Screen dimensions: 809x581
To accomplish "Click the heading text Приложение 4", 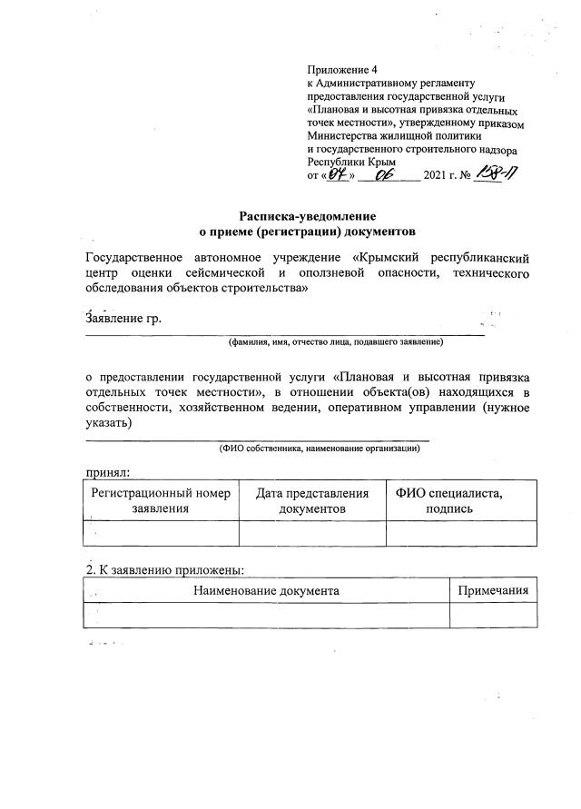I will pyautogui.click(x=343, y=69).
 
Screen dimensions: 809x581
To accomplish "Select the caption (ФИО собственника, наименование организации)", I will pyautogui.click(x=319, y=448).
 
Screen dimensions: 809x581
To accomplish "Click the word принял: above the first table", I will pyautogui.click(x=107, y=471).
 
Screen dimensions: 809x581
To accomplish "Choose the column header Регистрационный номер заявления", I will pyautogui.click(x=160, y=500).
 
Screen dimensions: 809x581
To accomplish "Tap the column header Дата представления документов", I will pyautogui.click(x=312, y=500).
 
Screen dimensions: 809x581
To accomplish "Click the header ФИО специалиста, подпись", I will pyautogui.click(x=461, y=500).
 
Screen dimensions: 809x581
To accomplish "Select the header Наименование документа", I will pyautogui.click(x=266, y=591).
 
